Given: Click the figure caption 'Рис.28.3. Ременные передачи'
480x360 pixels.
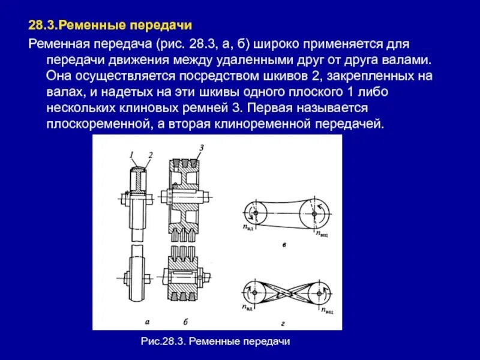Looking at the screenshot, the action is coord(215,341).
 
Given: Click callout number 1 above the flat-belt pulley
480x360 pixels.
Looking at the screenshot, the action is coord(131,155).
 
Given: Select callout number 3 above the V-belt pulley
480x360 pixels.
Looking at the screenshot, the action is coord(202,148).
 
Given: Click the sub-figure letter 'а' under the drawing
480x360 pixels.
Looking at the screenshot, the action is coord(139,322).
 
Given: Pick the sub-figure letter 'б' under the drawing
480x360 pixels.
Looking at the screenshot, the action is coord(186,322).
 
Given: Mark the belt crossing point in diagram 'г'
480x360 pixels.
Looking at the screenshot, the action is coord(286,292).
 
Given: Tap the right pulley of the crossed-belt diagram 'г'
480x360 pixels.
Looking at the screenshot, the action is coord(317,292).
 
